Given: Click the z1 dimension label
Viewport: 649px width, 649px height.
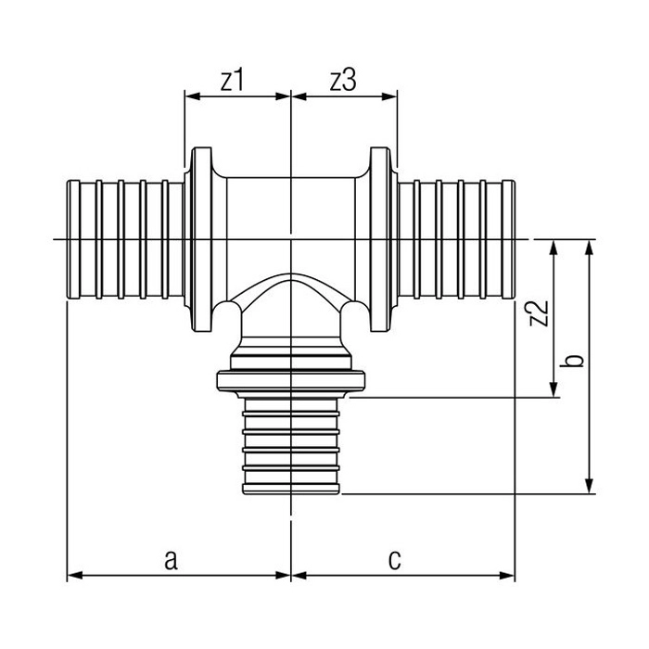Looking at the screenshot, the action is coord(232,81).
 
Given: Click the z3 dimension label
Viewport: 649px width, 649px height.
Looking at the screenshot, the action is coord(343,81).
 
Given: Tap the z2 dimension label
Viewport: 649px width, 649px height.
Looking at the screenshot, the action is coord(540,313).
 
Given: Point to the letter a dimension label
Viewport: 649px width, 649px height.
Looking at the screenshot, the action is coord(171,560).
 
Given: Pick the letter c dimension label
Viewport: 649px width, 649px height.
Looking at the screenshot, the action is coord(394,560).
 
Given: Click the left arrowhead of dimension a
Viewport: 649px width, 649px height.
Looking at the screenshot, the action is coord(74,576).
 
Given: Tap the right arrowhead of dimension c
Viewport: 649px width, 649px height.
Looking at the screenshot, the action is coord(507,576).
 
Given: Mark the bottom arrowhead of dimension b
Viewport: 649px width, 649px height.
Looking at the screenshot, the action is coord(590,487).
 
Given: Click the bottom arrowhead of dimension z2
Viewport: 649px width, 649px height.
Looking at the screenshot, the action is coord(553,390).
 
